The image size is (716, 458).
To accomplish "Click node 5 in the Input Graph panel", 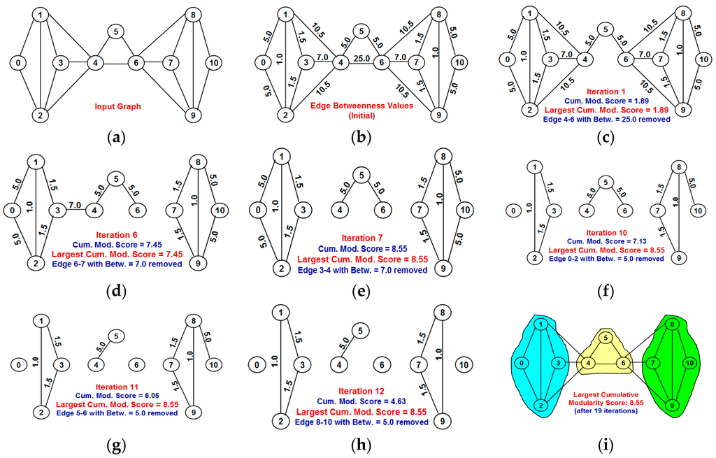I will (116, 31).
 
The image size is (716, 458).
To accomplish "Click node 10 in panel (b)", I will (458, 63).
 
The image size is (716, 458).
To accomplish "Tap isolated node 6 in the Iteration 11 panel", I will (137, 364).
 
